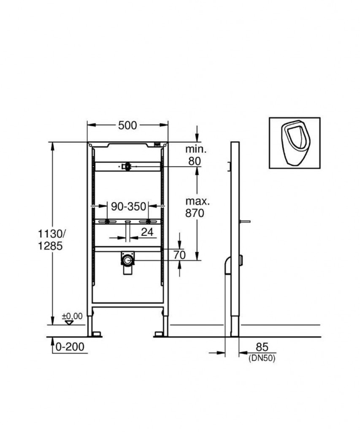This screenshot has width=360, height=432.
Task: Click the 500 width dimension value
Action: [127, 126]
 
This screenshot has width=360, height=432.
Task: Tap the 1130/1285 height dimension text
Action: [51, 240]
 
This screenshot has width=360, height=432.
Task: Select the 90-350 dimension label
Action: [128, 206]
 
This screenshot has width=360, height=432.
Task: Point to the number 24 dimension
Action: [147, 232]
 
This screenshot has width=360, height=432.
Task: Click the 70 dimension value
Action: [179, 255]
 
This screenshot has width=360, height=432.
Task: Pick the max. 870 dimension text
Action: [197, 207]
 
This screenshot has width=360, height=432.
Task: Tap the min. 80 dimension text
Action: [196, 155]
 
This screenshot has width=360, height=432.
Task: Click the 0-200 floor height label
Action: [70, 347]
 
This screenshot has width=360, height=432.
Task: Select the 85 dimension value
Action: [262, 347]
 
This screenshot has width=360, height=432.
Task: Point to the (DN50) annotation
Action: [262, 358]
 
